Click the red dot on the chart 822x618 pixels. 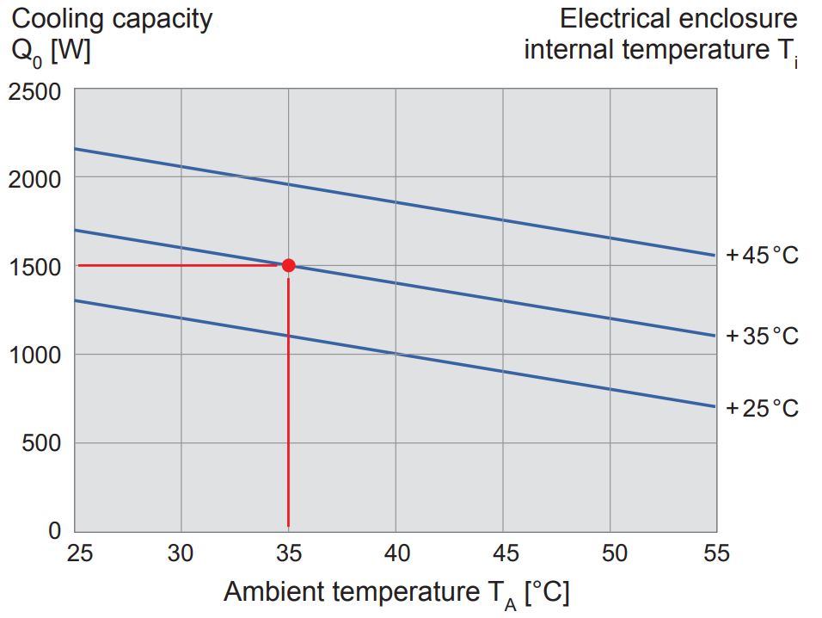[288, 265]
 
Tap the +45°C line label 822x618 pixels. [762, 256]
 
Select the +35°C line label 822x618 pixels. [762, 336]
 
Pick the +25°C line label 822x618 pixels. [762, 407]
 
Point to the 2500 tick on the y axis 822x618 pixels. [35, 91]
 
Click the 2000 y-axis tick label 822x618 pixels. [35, 179]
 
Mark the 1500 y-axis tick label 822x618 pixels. [35, 267]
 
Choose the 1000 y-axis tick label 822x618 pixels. [35, 355]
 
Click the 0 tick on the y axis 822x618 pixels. [54, 530]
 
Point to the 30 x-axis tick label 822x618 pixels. [181, 553]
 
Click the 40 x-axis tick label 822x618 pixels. [396, 553]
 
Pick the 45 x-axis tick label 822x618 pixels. [503, 553]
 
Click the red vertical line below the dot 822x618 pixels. [288, 405]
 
